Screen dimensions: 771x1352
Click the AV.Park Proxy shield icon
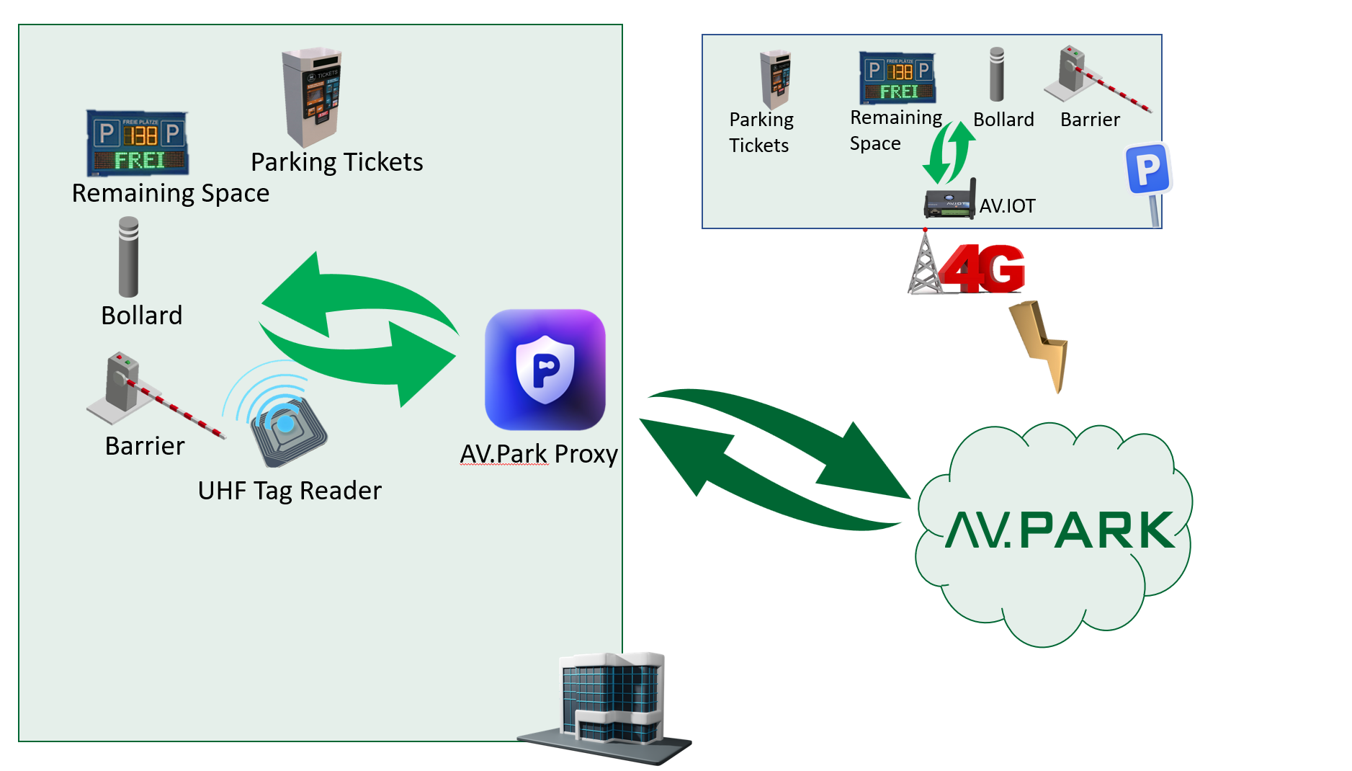(545, 369)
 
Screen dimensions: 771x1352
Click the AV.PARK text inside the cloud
(1059, 530)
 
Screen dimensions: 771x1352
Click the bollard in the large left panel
(128, 257)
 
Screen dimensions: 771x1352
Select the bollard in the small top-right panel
(996, 74)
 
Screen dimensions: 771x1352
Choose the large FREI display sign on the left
(138, 143)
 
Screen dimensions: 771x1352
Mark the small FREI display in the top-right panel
(897, 78)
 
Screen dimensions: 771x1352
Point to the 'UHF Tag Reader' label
(290, 491)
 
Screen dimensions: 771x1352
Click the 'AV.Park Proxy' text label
(539, 454)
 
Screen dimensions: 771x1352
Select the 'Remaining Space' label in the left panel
(171, 193)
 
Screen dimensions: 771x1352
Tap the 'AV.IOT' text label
(1007, 206)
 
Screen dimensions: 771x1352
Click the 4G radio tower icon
(924, 263)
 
